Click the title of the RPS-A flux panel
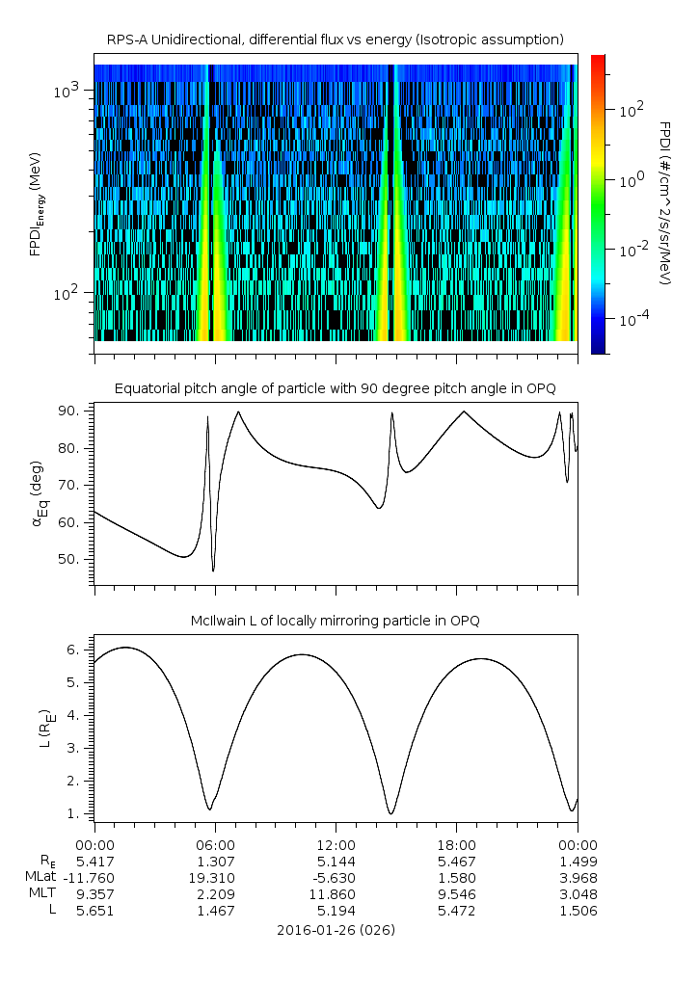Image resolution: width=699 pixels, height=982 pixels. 336,39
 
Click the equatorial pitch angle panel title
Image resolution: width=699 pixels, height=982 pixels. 336,388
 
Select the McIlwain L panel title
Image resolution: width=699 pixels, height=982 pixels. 336,621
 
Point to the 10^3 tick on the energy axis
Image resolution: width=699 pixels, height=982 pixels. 71,91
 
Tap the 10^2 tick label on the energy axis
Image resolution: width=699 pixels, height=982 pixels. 71,293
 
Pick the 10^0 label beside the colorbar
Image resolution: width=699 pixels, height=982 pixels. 631,180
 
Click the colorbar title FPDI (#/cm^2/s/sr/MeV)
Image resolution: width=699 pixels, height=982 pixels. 665,202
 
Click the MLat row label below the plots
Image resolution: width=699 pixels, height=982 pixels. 40,877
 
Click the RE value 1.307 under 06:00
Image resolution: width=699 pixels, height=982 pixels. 215,861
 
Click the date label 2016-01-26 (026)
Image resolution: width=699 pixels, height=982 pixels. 336,930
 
